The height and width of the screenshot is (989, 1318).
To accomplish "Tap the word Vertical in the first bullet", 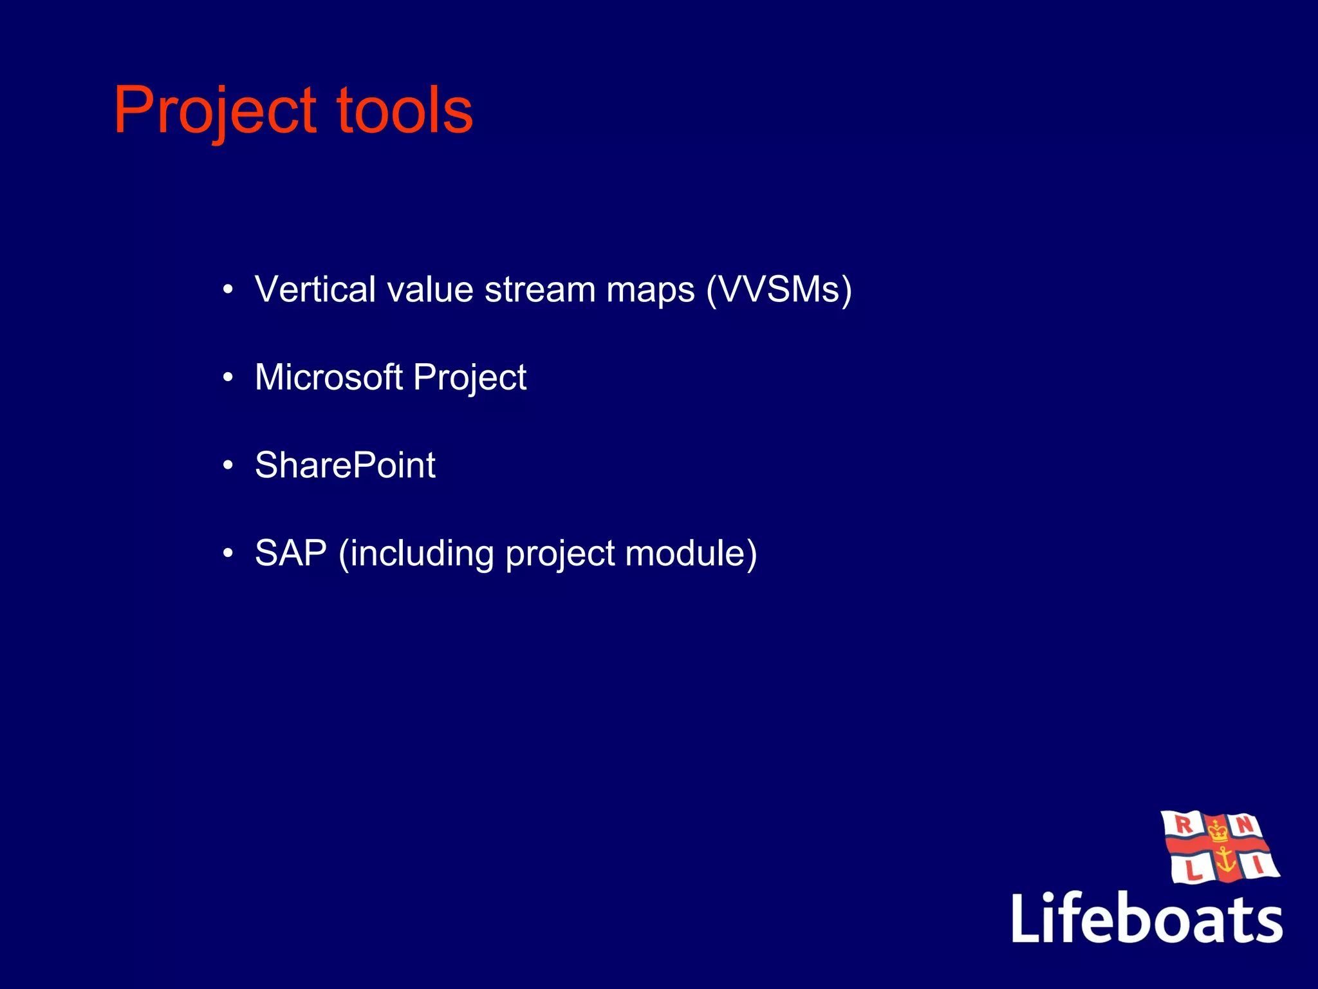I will click(315, 289).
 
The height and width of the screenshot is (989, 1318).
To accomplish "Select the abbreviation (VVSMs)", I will click(779, 289).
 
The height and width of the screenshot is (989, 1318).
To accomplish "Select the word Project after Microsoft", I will click(470, 378).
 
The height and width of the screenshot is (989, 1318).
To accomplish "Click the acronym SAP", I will click(291, 553).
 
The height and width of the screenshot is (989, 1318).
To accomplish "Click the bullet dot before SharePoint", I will click(228, 466).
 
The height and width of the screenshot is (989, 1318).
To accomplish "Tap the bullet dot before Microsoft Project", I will click(228, 378).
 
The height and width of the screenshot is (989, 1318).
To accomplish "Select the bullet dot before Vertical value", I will click(228, 290).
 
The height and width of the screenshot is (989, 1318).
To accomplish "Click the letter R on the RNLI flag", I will click(1183, 824).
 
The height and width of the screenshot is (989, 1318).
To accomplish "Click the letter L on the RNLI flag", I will click(1193, 871).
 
